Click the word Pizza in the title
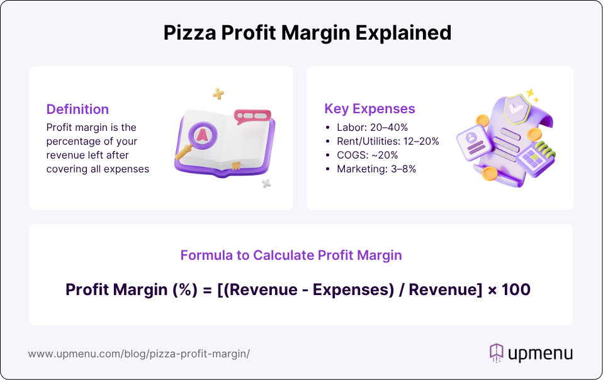(x=189, y=33)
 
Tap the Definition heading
(x=77, y=109)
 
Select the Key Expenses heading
(x=369, y=109)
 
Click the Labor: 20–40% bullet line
(x=372, y=128)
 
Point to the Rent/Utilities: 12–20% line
(x=388, y=142)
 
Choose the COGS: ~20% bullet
(x=367, y=155)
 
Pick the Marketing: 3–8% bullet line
(x=376, y=169)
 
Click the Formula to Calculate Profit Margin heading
(x=291, y=255)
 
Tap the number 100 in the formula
(x=516, y=289)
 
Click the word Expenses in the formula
(x=353, y=290)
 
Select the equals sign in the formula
(x=207, y=290)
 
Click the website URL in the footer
(x=139, y=354)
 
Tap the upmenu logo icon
(x=497, y=353)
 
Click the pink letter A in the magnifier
(x=202, y=135)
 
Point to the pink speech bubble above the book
(x=252, y=116)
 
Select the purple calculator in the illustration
(x=535, y=159)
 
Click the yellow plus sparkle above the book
(x=218, y=93)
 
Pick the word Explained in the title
(x=403, y=33)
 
